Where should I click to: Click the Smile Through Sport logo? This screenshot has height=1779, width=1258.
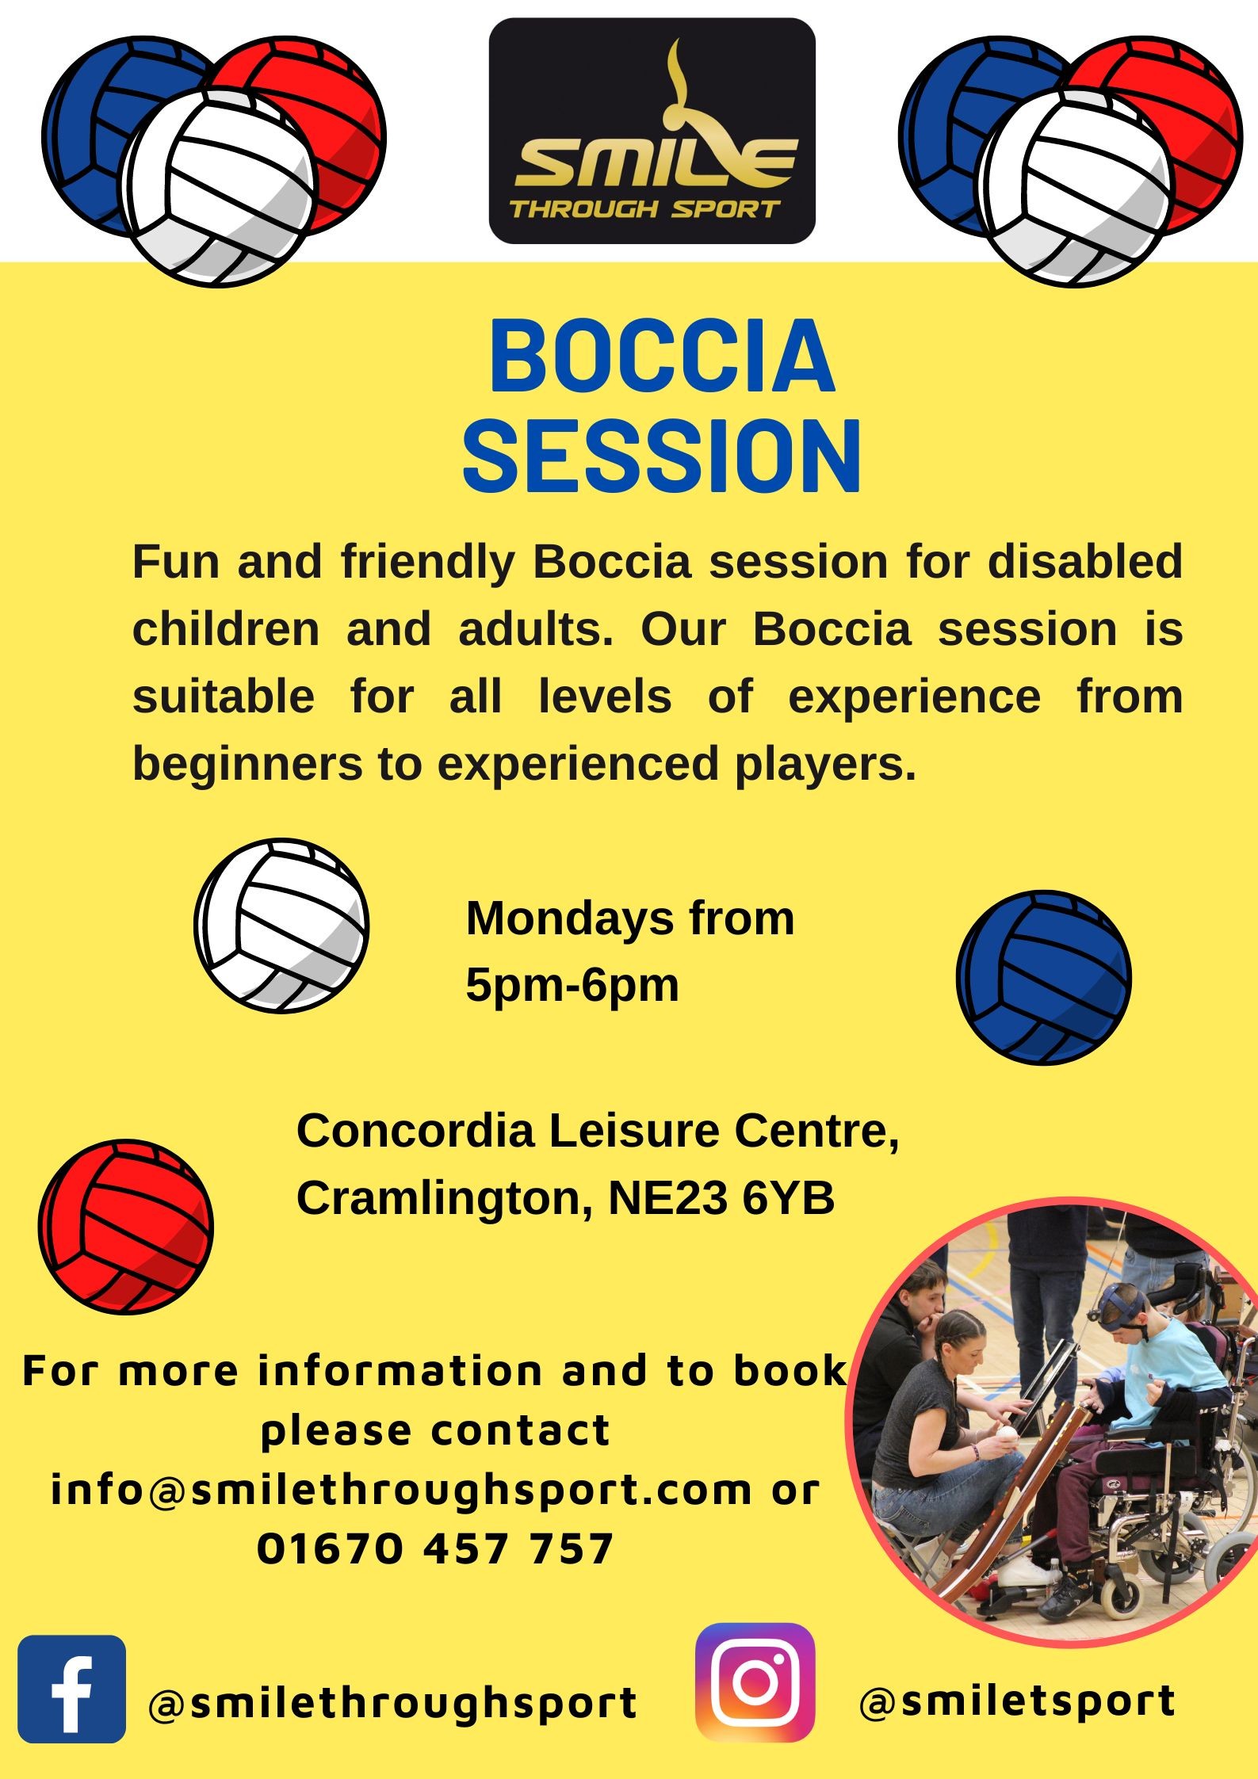click(652, 131)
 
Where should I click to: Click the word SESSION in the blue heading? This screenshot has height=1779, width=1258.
click(662, 457)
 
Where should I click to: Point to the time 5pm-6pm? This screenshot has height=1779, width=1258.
click(572, 986)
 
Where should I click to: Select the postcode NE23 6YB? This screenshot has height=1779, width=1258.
click(721, 1197)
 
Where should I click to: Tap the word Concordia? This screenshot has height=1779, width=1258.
click(416, 1130)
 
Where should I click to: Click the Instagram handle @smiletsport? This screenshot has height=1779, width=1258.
click(1017, 1701)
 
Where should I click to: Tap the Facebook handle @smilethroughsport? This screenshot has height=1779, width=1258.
click(392, 1702)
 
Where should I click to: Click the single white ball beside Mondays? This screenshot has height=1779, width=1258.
click(281, 926)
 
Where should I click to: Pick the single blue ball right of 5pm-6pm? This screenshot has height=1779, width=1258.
click(1044, 977)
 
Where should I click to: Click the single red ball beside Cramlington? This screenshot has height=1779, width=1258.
click(126, 1227)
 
